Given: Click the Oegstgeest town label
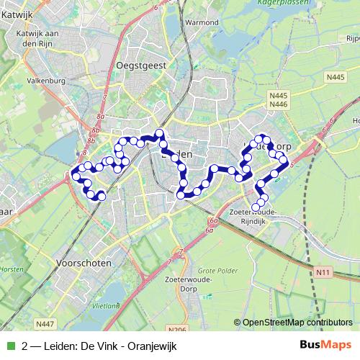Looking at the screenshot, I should (x=141, y=65).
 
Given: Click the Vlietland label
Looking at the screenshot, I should (x=106, y=305).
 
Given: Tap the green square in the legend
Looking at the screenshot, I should (x=9, y=346).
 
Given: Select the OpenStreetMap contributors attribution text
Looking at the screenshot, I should (x=297, y=323).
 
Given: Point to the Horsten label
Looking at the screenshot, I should (x=9, y=248).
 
